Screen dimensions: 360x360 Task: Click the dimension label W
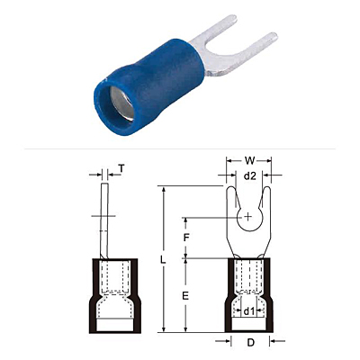(x=249, y=161)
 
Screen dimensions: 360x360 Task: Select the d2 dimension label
(x=249, y=176)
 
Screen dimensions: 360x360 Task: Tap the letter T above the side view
(x=121, y=169)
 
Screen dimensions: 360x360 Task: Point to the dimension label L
(x=163, y=260)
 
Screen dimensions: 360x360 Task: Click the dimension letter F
(x=186, y=238)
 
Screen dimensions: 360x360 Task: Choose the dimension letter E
(x=185, y=296)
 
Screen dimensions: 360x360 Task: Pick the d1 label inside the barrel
(x=249, y=311)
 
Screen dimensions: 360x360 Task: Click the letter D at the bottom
(x=250, y=343)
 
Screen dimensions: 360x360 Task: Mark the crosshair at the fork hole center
(x=248, y=216)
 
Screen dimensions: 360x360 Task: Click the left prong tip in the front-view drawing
(x=230, y=187)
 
